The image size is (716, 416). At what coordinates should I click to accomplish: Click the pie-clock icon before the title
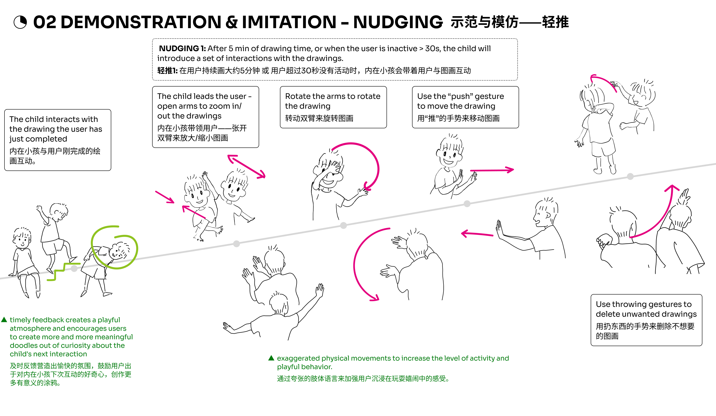(20, 22)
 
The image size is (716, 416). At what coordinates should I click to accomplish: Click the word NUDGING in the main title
(398, 22)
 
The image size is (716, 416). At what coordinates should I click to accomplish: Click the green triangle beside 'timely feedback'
(4, 320)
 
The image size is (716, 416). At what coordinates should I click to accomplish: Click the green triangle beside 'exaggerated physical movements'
(271, 358)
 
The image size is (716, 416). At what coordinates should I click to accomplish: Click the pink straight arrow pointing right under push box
(492, 170)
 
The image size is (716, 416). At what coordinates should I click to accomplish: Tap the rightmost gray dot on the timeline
(630, 176)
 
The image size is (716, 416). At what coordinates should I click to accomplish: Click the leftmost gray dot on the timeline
(74, 269)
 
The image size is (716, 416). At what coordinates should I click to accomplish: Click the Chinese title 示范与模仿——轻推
(510, 22)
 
